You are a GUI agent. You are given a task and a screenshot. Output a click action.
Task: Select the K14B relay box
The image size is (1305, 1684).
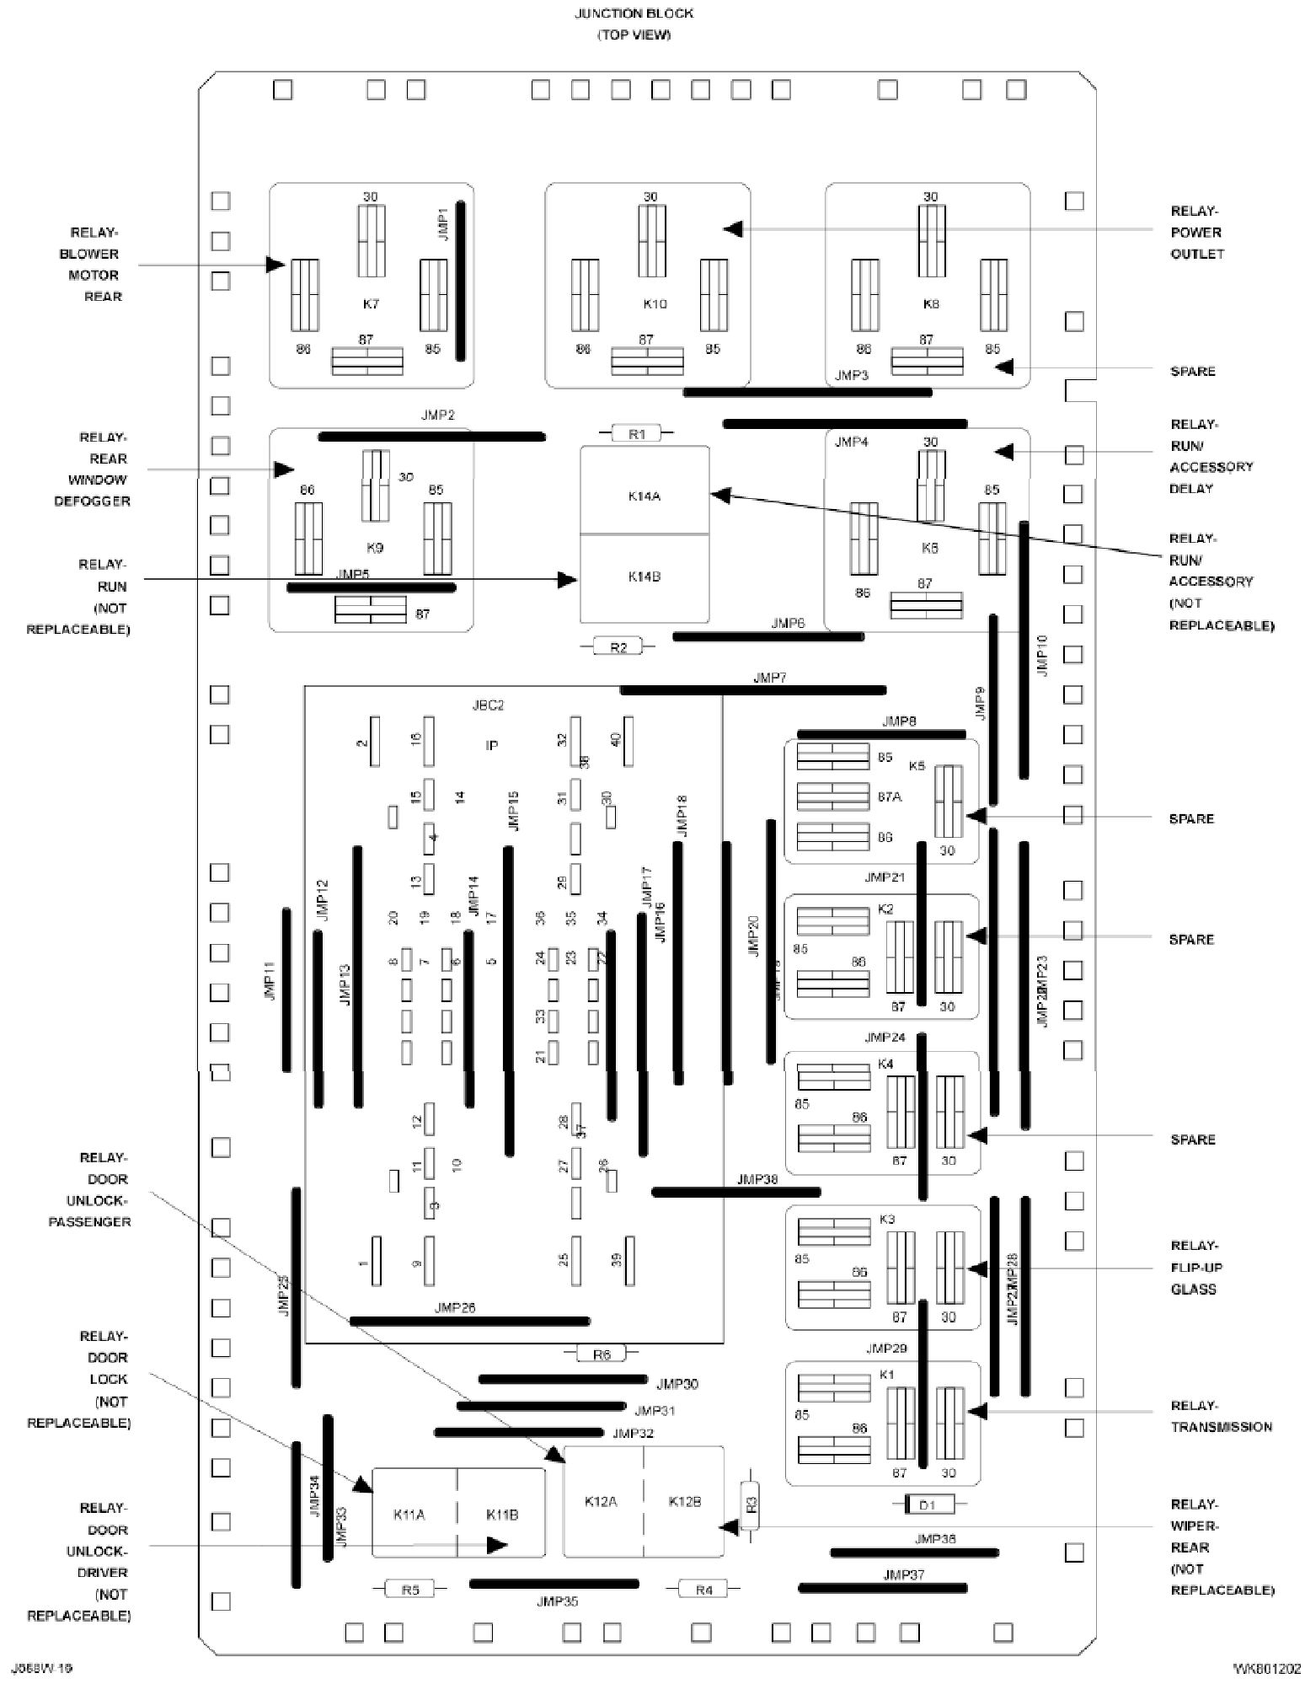point(644,578)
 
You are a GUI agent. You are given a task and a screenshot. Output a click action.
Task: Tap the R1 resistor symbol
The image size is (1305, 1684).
point(637,434)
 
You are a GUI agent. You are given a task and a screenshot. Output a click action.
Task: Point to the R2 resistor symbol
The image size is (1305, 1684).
point(618,647)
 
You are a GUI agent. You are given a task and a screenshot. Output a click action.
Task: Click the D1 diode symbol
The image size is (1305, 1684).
point(927,1504)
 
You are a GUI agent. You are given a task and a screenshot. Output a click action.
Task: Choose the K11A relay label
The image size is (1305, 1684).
point(409,1515)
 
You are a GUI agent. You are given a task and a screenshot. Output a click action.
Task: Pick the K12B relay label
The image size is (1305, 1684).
point(684,1501)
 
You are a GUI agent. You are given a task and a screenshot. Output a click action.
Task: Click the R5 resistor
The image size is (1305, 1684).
point(410,1590)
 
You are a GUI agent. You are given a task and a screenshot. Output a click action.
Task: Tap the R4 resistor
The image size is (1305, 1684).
point(703,1590)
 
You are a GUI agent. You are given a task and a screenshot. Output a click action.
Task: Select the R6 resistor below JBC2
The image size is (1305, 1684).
point(601,1354)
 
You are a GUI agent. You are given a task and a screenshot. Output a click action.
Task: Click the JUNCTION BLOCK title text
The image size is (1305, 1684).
point(634,14)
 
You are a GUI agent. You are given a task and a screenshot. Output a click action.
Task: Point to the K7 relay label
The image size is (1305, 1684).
point(371,303)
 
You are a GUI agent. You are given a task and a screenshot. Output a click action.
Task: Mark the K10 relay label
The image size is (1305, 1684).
point(655,303)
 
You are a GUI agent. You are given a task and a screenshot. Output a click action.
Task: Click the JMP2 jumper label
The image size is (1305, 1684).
point(437,416)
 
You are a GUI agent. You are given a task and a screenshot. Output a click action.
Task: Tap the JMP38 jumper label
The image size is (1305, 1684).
point(757,1179)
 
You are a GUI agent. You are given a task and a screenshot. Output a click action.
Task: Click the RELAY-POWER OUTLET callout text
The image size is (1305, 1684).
point(1196,233)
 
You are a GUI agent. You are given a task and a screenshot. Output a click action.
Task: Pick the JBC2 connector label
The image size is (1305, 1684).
point(489,705)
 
